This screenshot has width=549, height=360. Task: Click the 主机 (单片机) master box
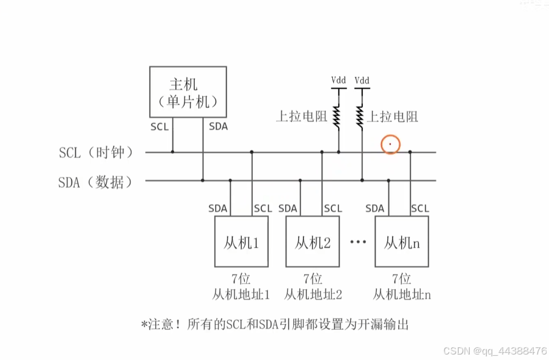[188, 92]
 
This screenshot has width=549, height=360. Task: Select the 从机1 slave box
[241, 242]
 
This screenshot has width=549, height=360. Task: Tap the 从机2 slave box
[313, 242]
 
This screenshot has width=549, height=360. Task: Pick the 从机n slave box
[401, 242]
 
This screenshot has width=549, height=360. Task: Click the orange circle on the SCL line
[390, 145]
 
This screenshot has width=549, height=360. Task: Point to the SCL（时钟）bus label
[96, 153]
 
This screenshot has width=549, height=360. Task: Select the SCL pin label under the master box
[159, 127]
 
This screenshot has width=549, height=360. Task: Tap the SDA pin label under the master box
[218, 127]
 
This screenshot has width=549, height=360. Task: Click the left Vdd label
[338, 81]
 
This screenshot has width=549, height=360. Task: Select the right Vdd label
[362, 81]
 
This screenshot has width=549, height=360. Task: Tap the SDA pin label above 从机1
[217, 209]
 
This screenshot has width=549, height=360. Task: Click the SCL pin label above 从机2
[333, 209]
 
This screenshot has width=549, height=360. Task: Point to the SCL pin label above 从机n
[420, 209]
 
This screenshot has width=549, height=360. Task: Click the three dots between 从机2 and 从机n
[358, 242]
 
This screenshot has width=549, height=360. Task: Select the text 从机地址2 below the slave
[313, 295]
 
